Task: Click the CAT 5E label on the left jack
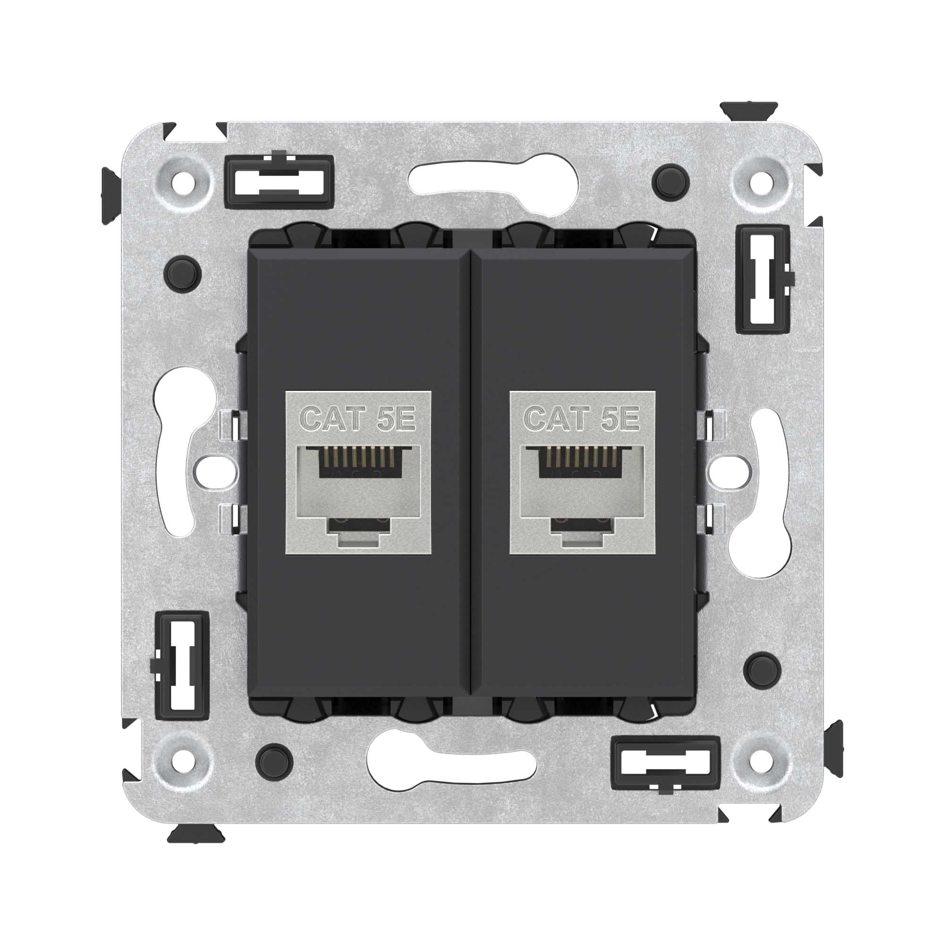pos(358,419)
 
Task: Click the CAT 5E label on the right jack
pos(582,419)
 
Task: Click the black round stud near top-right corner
pos(670,181)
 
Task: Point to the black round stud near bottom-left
pos(274,761)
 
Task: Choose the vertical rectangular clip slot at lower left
pos(181,665)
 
